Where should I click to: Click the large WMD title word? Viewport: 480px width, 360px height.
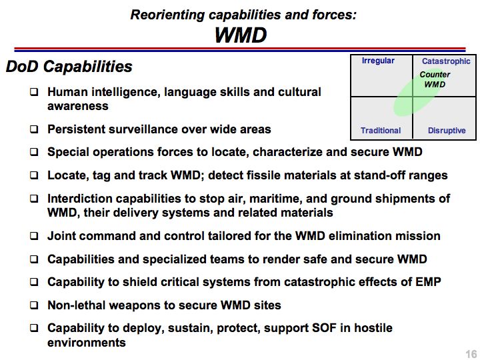[x=241, y=35]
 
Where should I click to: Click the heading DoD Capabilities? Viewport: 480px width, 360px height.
[x=69, y=67]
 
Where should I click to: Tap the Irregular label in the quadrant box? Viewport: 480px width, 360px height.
[x=378, y=61]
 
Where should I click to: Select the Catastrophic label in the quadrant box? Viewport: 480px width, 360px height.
[x=446, y=61]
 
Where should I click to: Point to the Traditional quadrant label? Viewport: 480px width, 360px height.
[x=381, y=131]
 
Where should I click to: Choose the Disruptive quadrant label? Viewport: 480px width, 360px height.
[x=447, y=131]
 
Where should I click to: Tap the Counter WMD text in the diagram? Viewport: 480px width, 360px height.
[x=435, y=79]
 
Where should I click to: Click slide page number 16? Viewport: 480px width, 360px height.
[x=471, y=354]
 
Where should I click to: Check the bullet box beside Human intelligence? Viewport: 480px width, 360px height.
[x=34, y=92]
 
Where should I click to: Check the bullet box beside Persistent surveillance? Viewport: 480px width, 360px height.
[x=34, y=129]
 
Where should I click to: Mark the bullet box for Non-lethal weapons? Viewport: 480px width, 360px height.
[x=34, y=305]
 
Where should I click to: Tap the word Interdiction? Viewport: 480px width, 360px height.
[x=80, y=199]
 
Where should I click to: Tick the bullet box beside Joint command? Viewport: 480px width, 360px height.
[x=34, y=236]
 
